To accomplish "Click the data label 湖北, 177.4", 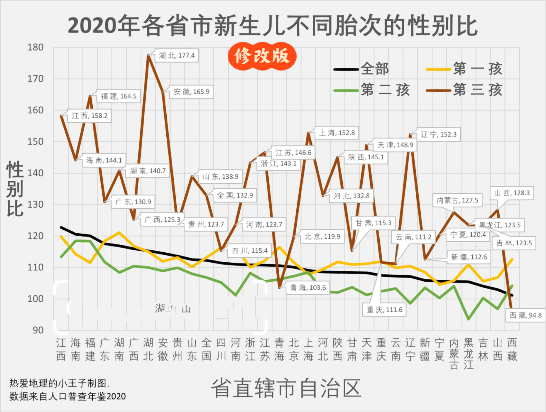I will (x=177, y=55).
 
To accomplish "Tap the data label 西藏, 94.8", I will (x=525, y=315).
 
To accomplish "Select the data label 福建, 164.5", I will (x=118, y=96).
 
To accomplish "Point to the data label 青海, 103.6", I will (x=308, y=287).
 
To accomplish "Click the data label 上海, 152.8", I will (x=337, y=133).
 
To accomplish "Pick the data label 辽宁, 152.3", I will (x=439, y=134).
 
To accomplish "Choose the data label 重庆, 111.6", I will (x=384, y=310).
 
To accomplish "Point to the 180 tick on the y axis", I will (x=35, y=47).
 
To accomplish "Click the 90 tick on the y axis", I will (x=38, y=330).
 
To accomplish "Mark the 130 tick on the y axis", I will (x=35, y=204).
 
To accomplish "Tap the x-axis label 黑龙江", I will (x=468, y=353).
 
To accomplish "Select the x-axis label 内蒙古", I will (x=454, y=353).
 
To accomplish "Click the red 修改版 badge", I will (x=262, y=56).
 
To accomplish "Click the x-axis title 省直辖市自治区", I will (x=286, y=388).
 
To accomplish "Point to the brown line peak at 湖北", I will (x=148, y=56).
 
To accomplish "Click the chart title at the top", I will (x=273, y=26).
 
